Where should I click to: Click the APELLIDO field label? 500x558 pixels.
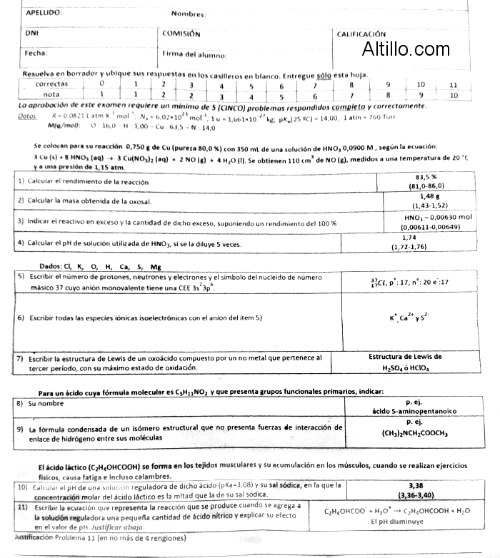(x=44, y=13)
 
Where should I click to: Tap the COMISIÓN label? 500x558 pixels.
(x=181, y=33)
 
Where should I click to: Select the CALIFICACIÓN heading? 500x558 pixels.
(x=361, y=34)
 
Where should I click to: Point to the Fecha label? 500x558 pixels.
(x=36, y=53)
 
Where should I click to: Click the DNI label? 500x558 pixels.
(x=31, y=33)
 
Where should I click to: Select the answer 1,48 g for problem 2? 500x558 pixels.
(x=426, y=196)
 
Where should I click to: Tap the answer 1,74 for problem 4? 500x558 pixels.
(x=409, y=238)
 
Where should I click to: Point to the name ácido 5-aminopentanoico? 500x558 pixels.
(x=414, y=411)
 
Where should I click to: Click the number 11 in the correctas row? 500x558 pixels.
(x=453, y=84)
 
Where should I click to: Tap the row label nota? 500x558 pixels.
(x=51, y=94)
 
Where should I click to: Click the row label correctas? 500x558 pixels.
(x=51, y=84)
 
